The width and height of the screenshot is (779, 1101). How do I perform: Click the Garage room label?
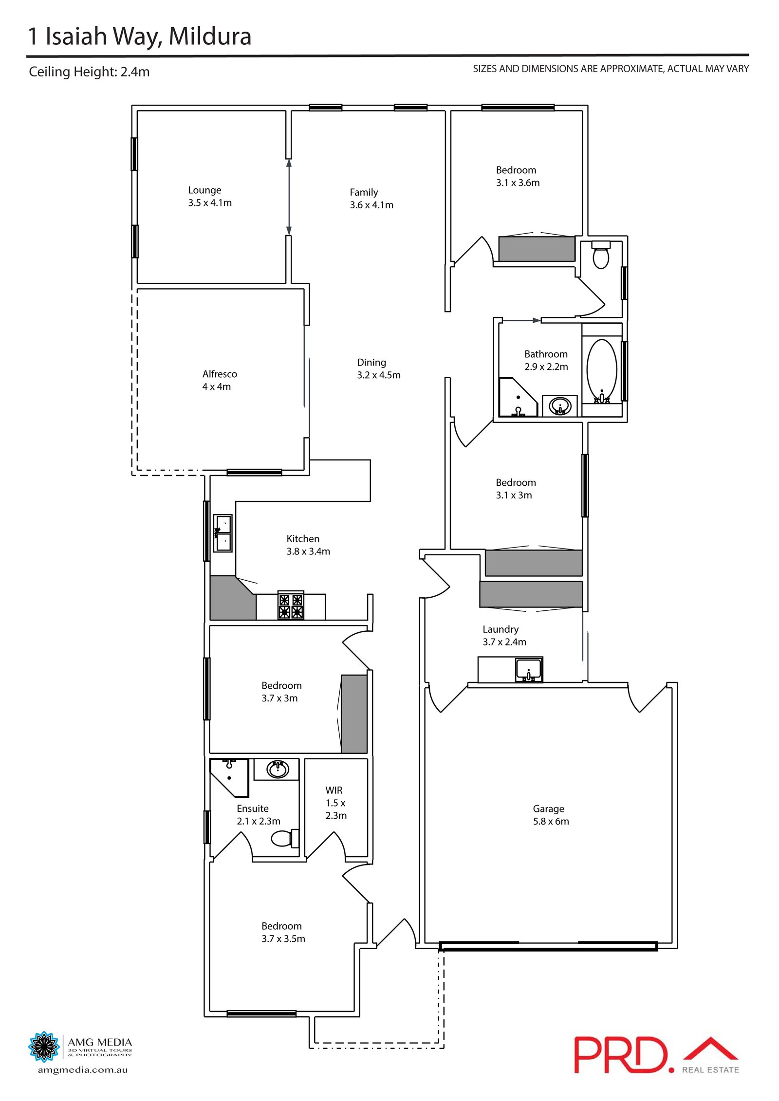[548, 808]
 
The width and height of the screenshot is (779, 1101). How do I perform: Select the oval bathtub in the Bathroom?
[602, 370]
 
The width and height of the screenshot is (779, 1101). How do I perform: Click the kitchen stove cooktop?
[291, 606]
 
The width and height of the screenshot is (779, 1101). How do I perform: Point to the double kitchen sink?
[223, 533]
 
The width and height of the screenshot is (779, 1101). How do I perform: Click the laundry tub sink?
[529, 669]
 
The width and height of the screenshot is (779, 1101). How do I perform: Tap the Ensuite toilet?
[284, 838]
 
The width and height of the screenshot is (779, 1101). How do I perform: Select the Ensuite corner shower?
[228, 776]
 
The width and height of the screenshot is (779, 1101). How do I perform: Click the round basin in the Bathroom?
[560, 406]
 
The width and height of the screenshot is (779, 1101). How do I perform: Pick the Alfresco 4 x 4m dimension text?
[217, 387]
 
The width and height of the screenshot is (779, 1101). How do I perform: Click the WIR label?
[334, 790]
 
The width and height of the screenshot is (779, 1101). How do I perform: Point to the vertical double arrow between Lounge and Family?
[289, 197]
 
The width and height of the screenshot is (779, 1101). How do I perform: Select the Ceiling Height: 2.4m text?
[89, 72]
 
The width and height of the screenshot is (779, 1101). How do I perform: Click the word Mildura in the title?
[210, 37]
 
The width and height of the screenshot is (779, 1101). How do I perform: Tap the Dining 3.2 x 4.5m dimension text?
[378, 375]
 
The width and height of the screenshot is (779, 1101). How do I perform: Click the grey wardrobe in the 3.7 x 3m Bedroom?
[354, 714]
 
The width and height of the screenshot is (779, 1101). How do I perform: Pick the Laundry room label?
[501, 629]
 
